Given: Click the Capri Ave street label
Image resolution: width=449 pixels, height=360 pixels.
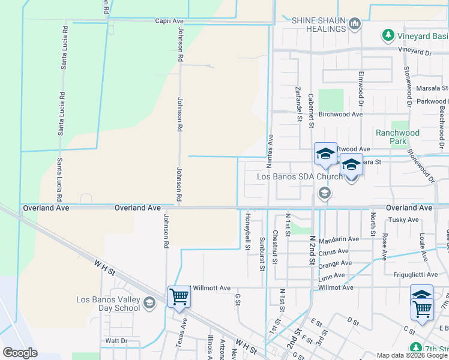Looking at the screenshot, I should click(169, 21).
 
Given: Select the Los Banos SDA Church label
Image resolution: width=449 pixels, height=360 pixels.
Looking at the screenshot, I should click(300, 177).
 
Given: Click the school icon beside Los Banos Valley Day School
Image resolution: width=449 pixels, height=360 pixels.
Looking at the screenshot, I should click(149, 304).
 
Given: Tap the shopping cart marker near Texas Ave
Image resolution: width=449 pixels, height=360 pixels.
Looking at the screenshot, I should click(179, 296).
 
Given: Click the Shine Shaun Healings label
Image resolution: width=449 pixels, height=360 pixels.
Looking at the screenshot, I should click(318, 24).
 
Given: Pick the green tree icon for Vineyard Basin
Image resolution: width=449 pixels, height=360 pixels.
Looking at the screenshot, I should click(388, 35).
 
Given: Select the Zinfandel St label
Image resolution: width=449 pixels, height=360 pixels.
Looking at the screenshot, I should click(298, 103).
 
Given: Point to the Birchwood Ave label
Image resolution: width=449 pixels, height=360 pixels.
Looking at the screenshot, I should click(341, 114).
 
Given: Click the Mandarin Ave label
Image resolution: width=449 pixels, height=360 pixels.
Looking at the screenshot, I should click(339, 239).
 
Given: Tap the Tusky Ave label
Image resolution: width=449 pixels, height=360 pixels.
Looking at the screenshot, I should click(403, 220).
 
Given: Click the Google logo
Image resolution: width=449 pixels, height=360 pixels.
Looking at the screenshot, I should click(20, 352).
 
